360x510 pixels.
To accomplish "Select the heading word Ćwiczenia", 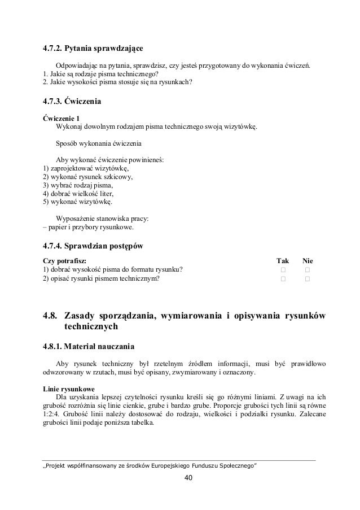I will (x=84, y=102).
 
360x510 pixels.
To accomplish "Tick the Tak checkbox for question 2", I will (x=283, y=278).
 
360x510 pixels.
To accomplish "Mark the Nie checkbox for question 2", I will (x=308, y=278).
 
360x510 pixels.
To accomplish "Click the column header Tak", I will (x=282, y=260).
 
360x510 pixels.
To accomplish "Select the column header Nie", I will (x=308, y=260).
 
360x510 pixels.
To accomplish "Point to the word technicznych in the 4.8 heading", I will (x=91, y=326).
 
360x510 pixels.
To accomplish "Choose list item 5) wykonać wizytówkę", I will (x=77, y=202).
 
